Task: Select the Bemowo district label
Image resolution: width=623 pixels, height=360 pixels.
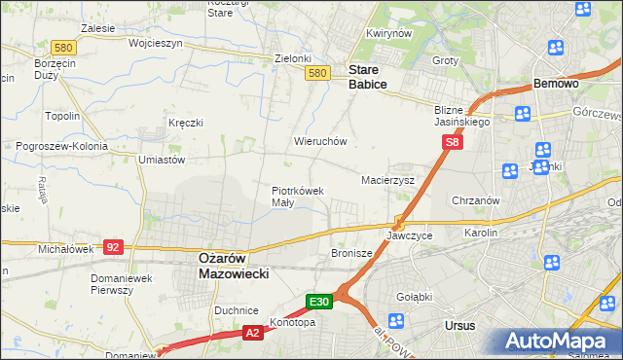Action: click(x=556, y=85)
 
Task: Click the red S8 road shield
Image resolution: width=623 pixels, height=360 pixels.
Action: click(x=452, y=142)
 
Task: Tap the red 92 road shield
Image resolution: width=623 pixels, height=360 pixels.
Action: click(x=113, y=247)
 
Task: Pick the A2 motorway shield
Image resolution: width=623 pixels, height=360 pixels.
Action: click(x=251, y=334)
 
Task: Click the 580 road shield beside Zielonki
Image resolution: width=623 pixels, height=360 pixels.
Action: click(x=315, y=73)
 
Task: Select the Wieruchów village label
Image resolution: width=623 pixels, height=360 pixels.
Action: click(x=320, y=141)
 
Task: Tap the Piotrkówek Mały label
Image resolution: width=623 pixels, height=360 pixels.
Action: click(x=297, y=197)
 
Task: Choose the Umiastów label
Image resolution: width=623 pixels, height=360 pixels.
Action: click(x=162, y=160)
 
